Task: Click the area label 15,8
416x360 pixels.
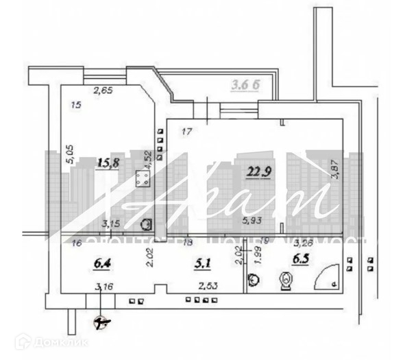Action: [x=109, y=163]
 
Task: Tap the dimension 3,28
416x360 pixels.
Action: [x=304, y=242]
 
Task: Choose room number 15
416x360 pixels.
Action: [x=76, y=105]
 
